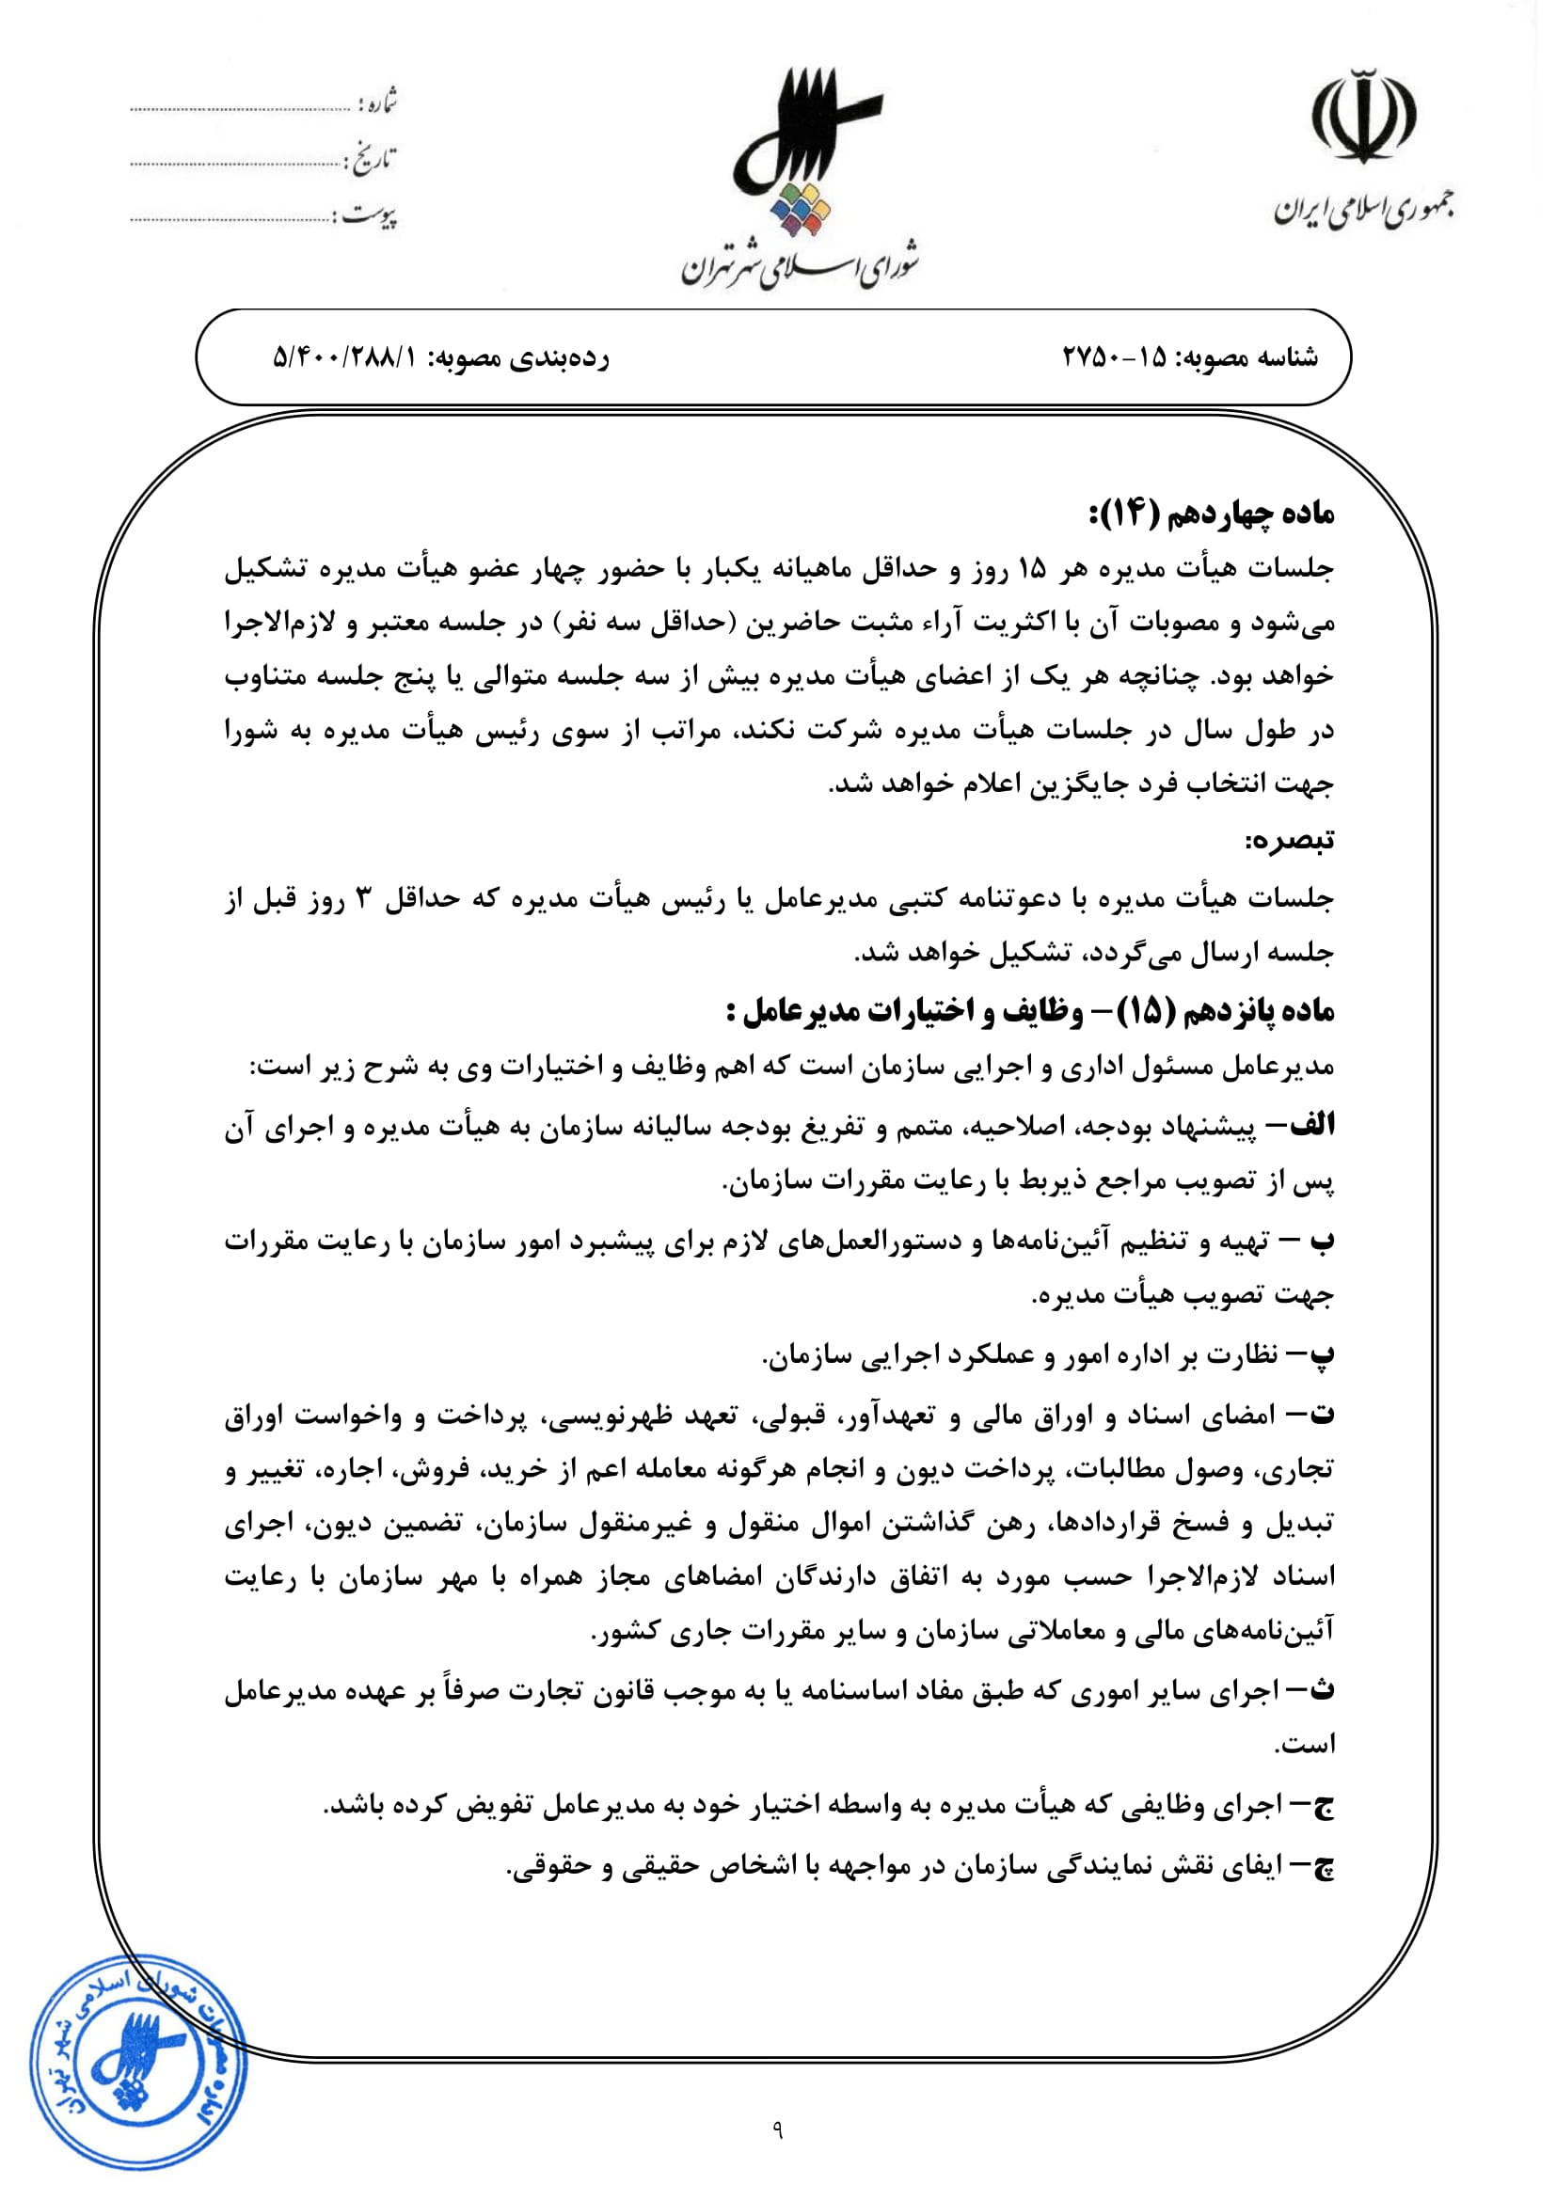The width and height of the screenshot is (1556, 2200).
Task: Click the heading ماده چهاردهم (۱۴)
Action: [x=1211, y=514]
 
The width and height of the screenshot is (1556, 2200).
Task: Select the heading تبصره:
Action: [x=1289, y=840]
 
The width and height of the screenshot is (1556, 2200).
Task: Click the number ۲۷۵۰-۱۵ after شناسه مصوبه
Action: [x=1114, y=357]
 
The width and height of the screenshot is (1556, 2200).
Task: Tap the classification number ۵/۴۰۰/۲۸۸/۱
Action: [x=346, y=357]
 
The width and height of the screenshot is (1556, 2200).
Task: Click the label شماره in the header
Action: [x=377, y=103]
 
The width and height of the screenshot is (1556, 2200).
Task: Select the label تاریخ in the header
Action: [x=373, y=160]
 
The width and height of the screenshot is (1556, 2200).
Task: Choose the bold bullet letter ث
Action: [x=1322, y=1690]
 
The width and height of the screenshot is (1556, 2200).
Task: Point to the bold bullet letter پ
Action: [x=1322, y=1353]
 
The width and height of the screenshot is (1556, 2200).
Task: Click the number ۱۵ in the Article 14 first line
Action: [x=1032, y=570]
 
